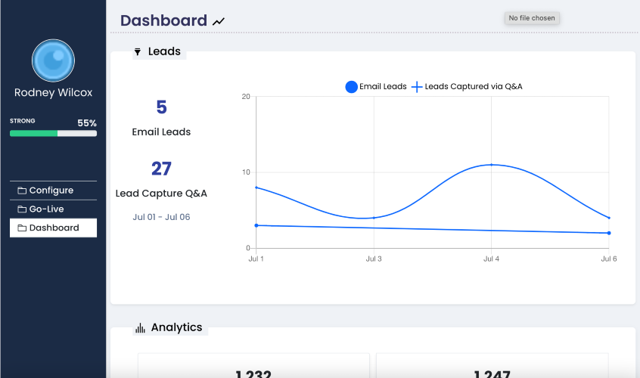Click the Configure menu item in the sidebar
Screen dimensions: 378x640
(52, 191)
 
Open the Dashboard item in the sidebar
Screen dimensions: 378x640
(53, 228)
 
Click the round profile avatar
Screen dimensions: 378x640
(53, 60)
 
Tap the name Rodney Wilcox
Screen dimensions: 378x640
(53, 93)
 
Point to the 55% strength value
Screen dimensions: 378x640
(87, 123)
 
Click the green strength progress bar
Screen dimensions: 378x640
(34, 133)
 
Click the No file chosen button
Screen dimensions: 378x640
(532, 18)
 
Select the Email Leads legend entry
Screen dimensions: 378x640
(376, 87)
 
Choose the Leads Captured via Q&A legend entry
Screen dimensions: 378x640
(467, 87)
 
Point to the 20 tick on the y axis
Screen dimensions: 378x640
(246, 97)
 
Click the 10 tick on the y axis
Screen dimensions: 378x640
(246, 172)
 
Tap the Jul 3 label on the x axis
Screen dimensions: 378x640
(374, 259)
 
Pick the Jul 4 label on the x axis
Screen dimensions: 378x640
(491, 259)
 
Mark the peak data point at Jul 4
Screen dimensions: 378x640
(491, 165)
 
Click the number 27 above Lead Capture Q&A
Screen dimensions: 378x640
(161, 169)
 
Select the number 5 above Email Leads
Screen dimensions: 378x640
(161, 107)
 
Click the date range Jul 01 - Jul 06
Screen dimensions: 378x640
(161, 217)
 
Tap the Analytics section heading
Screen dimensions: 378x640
(176, 327)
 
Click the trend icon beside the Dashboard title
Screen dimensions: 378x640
(219, 22)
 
